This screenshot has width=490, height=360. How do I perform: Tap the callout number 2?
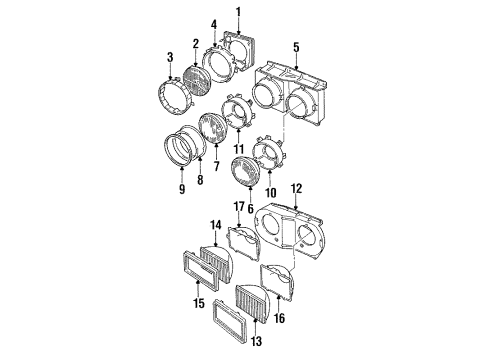tap(197, 44)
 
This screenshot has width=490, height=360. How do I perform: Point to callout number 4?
tap(213, 23)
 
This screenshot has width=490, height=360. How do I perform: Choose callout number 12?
tap(295, 188)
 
